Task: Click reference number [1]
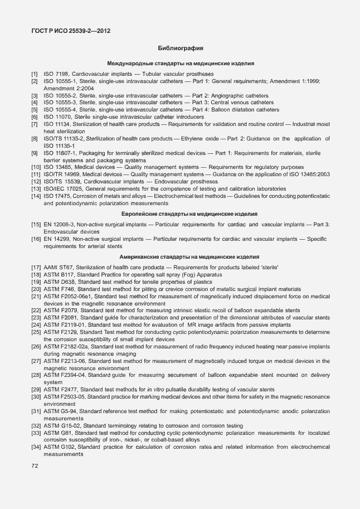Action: coord(35,74)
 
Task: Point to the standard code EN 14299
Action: coord(57,239)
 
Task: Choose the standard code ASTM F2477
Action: coord(61,389)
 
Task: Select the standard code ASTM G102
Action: coord(60,448)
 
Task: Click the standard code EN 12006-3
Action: coord(59,224)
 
